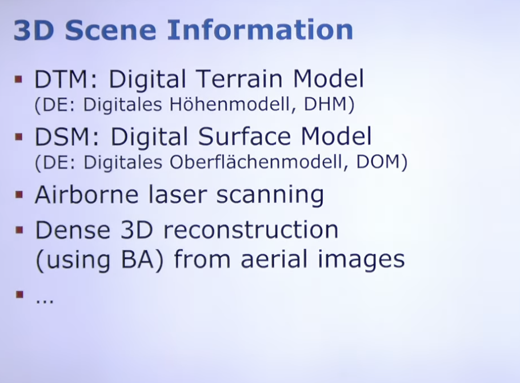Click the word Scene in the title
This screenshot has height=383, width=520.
(110, 30)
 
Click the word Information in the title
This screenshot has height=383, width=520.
(260, 30)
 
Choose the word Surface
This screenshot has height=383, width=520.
(244, 137)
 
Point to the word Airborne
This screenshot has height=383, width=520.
(86, 194)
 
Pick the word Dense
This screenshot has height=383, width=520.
(73, 230)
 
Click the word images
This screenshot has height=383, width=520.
(361, 260)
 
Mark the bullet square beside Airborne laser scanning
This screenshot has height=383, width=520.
(19, 194)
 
